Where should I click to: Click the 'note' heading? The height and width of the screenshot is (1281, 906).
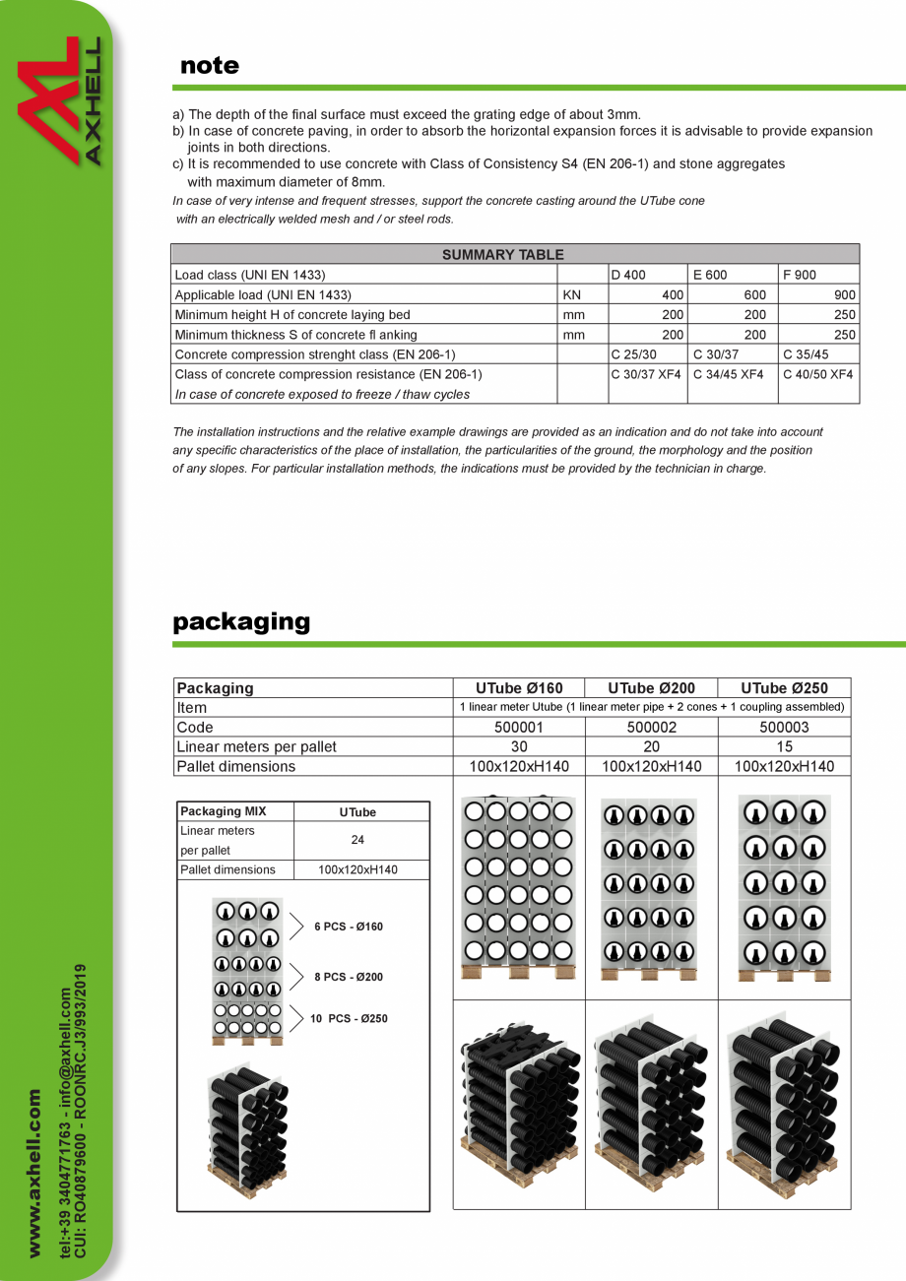click(210, 66)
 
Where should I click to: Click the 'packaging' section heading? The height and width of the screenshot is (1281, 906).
click(241, 622)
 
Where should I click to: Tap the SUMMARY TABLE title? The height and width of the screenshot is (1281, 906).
click(502, 254)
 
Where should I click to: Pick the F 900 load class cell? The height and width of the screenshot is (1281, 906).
click(800, 275)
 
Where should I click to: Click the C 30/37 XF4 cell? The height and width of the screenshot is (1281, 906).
click(646, 374)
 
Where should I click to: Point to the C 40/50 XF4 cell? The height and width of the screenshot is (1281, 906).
click(817, 374)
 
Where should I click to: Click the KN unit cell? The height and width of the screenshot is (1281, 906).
click(572, 294)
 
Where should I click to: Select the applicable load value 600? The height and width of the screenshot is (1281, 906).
click(754, 294)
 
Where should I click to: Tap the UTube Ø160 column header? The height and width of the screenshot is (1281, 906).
click(519, 688)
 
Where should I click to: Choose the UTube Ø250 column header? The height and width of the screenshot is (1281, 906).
click(784, 688)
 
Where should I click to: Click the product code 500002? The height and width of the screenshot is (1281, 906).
click(652, 728)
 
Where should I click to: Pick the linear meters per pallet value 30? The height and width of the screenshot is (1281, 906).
click(519, 746)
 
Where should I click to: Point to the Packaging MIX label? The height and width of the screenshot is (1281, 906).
click(223, 811)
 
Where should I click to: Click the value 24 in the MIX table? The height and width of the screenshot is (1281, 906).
click(358, 841)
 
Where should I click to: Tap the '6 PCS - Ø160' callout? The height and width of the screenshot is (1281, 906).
click(349, 927)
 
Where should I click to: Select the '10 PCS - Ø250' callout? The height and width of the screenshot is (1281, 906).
click(349, 1019)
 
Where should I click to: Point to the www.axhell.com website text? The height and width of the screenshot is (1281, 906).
click(34, 1172)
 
